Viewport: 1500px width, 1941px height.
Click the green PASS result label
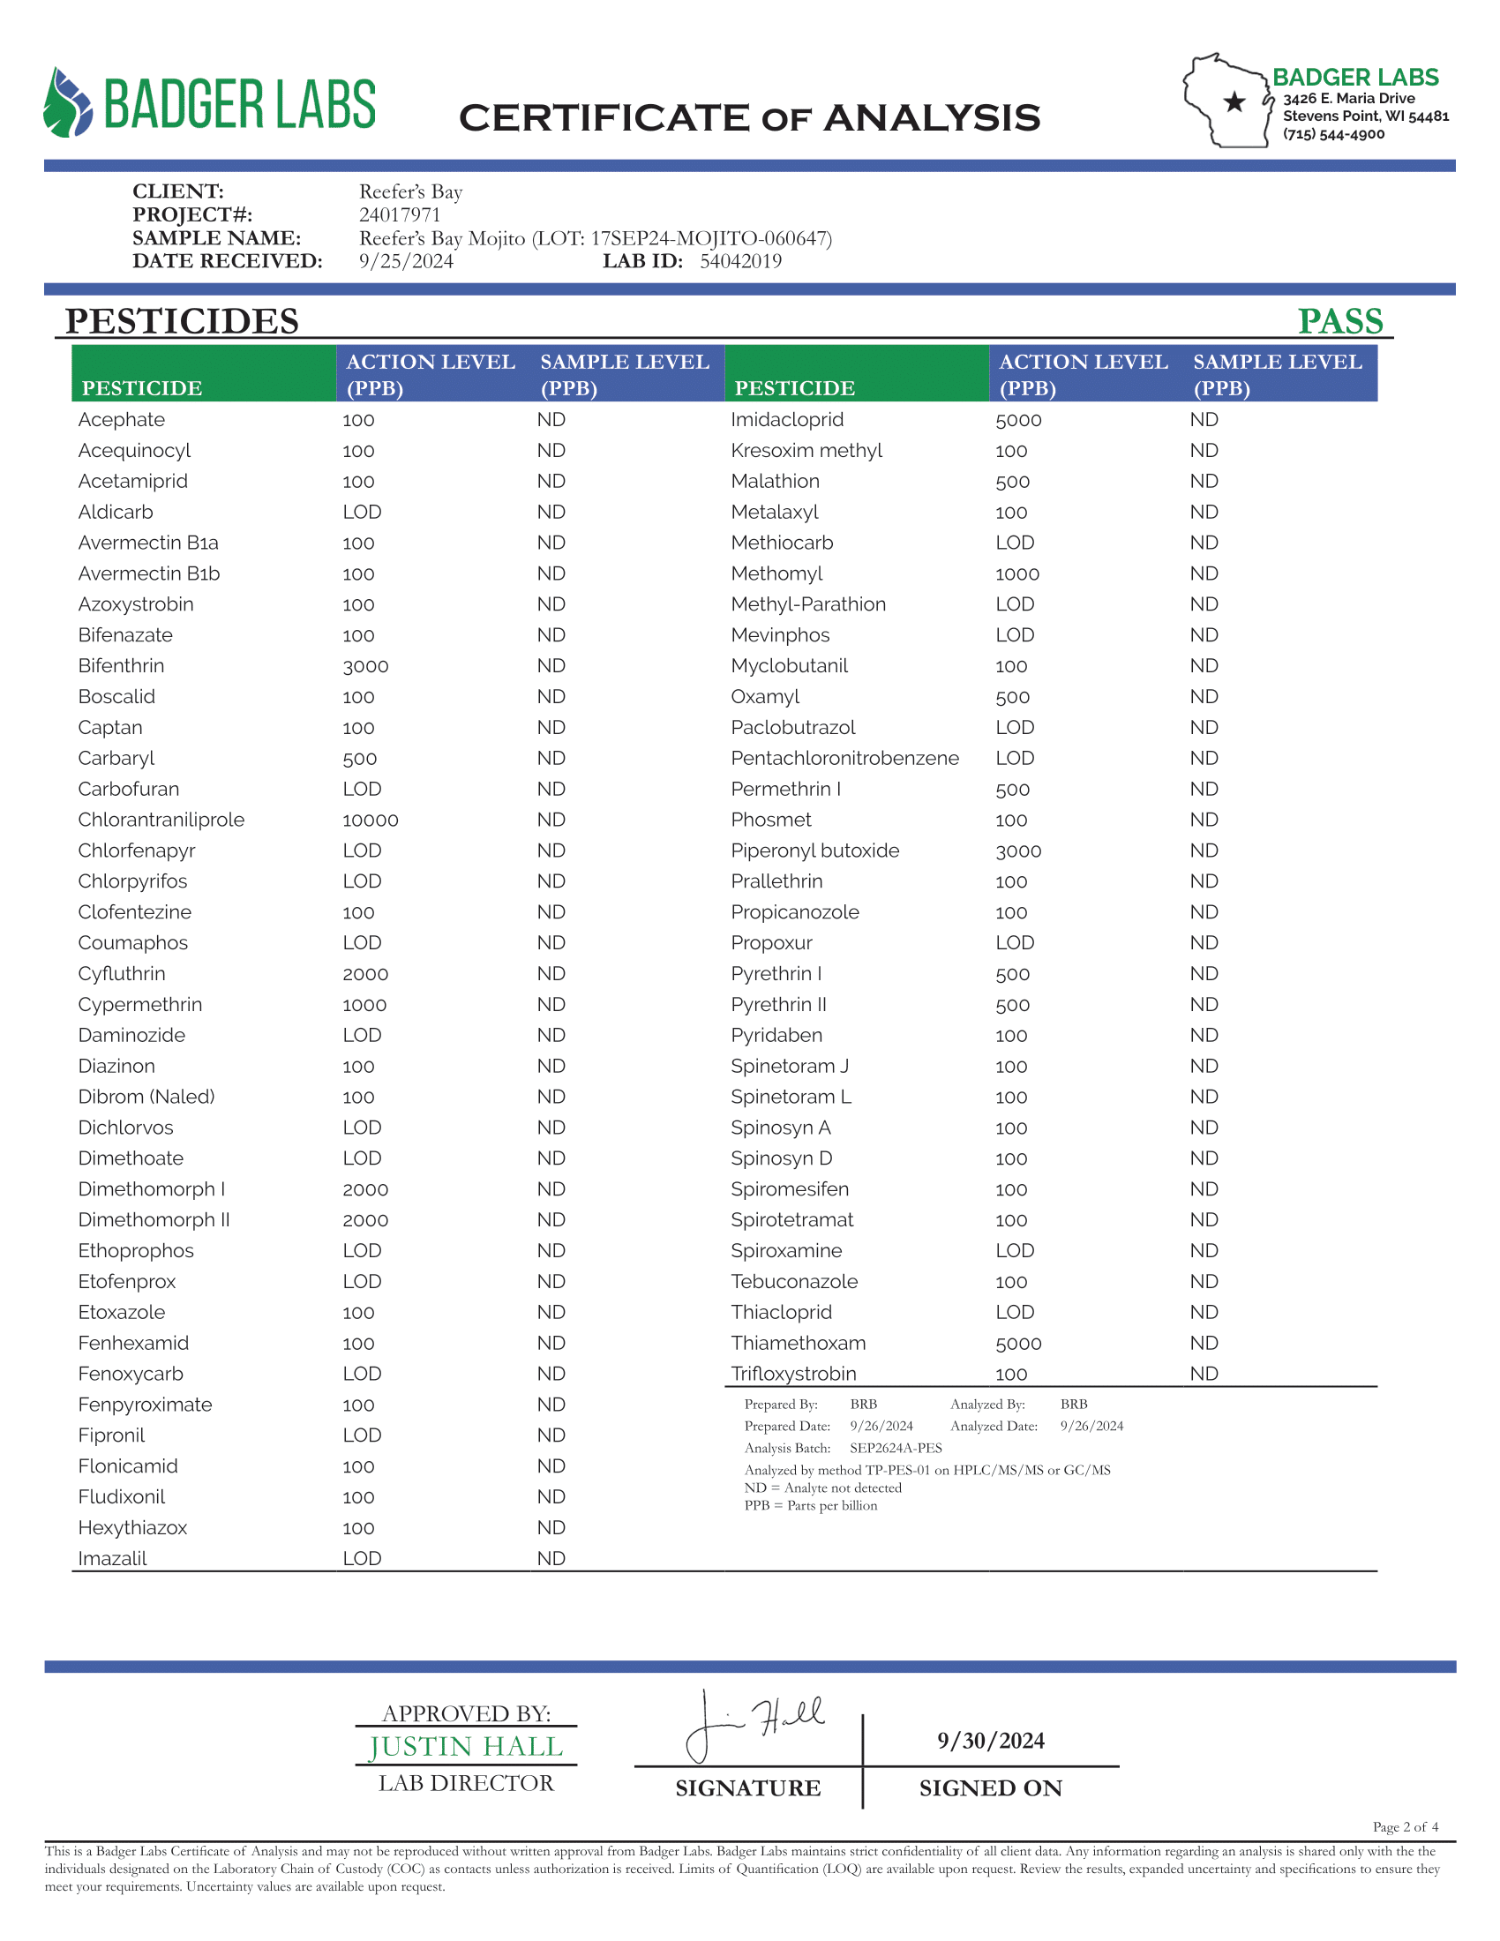pos(1339,321)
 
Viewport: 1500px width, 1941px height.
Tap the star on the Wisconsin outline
pos(1234,102)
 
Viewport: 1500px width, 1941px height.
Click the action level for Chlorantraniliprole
pos(370,821)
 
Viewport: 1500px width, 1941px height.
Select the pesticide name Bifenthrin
pos(121,665)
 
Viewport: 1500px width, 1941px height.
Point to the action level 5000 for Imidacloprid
pos(1017,420)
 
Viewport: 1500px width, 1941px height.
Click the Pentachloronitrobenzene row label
pos(844,758)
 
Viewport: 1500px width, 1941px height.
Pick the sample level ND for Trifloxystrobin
pos(1204,1373)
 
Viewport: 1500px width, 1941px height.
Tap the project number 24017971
pos(399,215)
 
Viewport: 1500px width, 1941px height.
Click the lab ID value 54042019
pos(740,261)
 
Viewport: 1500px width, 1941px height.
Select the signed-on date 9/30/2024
pos(990,1740)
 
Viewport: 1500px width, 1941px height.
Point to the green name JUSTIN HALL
pos(466,1746)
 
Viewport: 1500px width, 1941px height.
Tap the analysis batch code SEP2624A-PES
pos(895,1448)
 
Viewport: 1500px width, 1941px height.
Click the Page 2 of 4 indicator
pos(1404,1826)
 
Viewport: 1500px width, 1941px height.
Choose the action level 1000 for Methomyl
pos(1016,574)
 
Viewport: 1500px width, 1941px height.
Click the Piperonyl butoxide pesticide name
pos(814,851)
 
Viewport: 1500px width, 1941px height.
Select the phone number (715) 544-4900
pos(1333,134)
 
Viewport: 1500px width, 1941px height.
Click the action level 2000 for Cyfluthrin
pos(365,974)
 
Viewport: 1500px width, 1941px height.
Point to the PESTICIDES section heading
pos(181,321)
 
